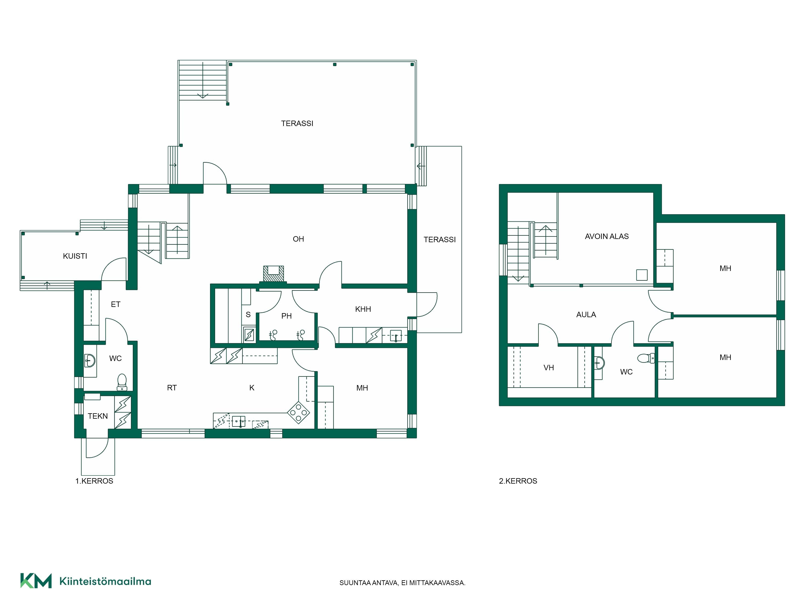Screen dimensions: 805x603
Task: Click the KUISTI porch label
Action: (x=75, y=256)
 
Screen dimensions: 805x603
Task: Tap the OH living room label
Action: (x=298, y=239)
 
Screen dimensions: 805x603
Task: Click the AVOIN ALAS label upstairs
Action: (x=607, y=237)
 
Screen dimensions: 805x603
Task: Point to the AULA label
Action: (x=586, y=315)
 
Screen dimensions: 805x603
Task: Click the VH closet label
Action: (x=548, y=368)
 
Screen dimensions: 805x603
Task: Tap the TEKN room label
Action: (x=98, y=416)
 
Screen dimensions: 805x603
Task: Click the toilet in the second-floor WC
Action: (x=646, y=358)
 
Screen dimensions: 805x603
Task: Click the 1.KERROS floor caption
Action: (x=94, y=481)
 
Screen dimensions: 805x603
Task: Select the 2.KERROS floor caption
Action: (x=518, y=481)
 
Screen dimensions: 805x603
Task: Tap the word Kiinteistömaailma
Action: (x=105, y=581)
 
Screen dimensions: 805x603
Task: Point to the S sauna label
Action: (x=248, y=315)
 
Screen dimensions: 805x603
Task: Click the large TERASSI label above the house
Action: (x=297, y=124)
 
